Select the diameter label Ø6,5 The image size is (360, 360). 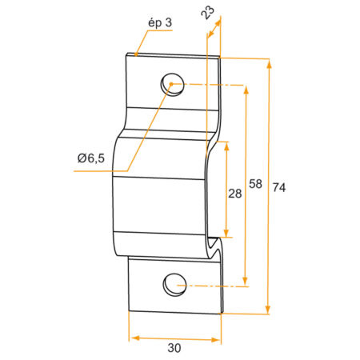click(91, 158)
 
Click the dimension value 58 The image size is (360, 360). click(256, 184)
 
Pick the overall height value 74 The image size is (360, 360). click(279, 187)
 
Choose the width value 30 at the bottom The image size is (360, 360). click(174, 348)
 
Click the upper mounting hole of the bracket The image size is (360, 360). click(172, 82)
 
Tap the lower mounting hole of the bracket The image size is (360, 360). click(174, 283)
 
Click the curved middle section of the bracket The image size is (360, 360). click(160, 184)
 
